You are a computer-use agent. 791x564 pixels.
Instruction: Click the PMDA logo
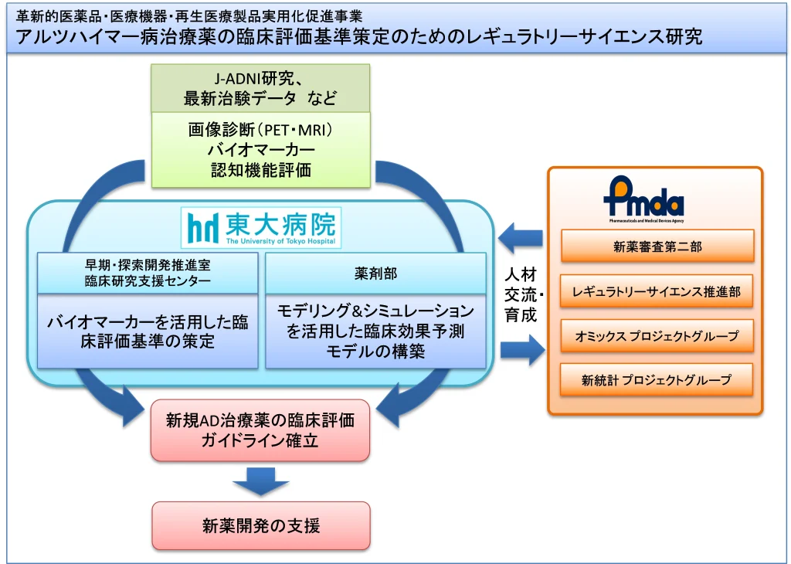[643, 200]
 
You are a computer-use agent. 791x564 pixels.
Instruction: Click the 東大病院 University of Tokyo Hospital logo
[263, 226]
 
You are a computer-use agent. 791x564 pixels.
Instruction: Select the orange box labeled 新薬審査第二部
[657, 247]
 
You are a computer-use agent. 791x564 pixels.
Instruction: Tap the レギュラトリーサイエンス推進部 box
[657, 291]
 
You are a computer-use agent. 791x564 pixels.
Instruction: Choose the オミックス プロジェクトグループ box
[657, 336]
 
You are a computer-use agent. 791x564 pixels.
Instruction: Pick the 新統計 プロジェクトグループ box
[657, 380]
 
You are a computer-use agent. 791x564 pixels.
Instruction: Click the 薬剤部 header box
[375, 273]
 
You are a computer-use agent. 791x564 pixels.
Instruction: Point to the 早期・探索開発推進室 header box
[148, 273]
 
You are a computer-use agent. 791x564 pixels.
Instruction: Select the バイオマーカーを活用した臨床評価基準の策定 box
[148, 331]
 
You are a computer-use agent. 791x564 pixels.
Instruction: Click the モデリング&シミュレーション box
[375, 331]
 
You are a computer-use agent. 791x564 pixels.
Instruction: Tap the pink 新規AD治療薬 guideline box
[260, 430]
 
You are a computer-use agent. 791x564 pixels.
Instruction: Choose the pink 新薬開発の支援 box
[260, 526]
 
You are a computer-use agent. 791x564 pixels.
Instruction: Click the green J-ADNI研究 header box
[260, 88]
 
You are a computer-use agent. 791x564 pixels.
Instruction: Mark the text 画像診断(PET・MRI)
[260, 130]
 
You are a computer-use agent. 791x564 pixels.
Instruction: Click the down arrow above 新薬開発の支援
[260, 481]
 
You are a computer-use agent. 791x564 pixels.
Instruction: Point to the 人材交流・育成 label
[523, 294]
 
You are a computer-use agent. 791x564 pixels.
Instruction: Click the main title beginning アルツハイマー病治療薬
[359, 36]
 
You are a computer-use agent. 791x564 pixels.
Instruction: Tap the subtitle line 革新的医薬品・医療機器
[189, 15]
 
